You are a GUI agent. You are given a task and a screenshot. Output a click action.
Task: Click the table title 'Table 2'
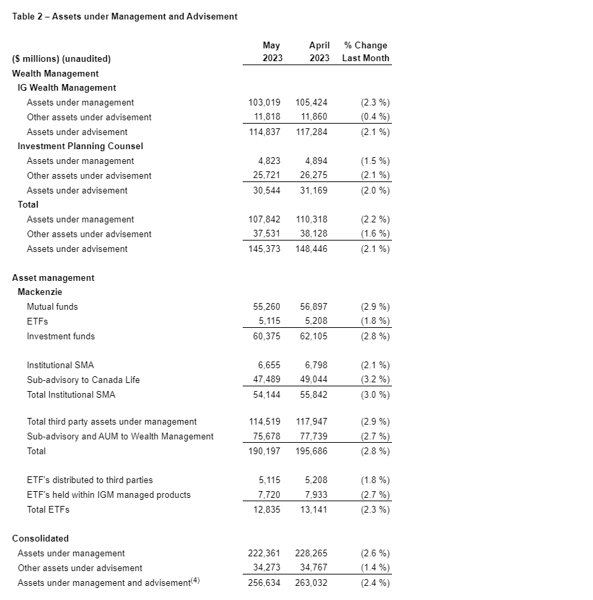(x=124, y=16)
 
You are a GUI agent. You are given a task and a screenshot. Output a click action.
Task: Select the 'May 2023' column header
(x=272, y=52)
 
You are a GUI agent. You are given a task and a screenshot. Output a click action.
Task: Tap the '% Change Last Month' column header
(x=365, y=52)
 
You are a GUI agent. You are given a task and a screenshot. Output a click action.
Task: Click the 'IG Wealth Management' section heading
(x=67, y=88)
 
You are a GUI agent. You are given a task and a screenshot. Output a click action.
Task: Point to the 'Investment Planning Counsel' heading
(x=80, y=146)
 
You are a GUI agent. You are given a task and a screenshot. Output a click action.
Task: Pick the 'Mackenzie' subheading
(x=40, y=292)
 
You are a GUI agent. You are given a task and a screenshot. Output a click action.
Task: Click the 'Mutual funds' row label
(x=52, y=307)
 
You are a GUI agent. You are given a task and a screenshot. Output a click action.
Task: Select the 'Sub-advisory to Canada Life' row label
(x=83, y=380)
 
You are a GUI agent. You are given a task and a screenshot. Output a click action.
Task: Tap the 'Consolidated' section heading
(x=40, y=539)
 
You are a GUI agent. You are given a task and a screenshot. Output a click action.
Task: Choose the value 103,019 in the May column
(x=264, y=103)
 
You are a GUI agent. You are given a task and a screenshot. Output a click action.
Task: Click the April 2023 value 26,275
(x=312, y=175)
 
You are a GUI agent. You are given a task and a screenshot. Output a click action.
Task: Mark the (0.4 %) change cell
(x=375, y=117)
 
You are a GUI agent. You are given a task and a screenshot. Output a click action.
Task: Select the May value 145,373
(x=264, y=249)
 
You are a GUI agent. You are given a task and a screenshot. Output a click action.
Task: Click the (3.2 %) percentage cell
(x=375, y=380)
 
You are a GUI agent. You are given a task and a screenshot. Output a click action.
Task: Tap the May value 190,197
(x=264, y=452)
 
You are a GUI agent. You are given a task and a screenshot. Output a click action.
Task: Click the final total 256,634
(x=264, y=583)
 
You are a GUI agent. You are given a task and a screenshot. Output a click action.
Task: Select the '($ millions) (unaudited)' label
(x=61, y=58)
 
